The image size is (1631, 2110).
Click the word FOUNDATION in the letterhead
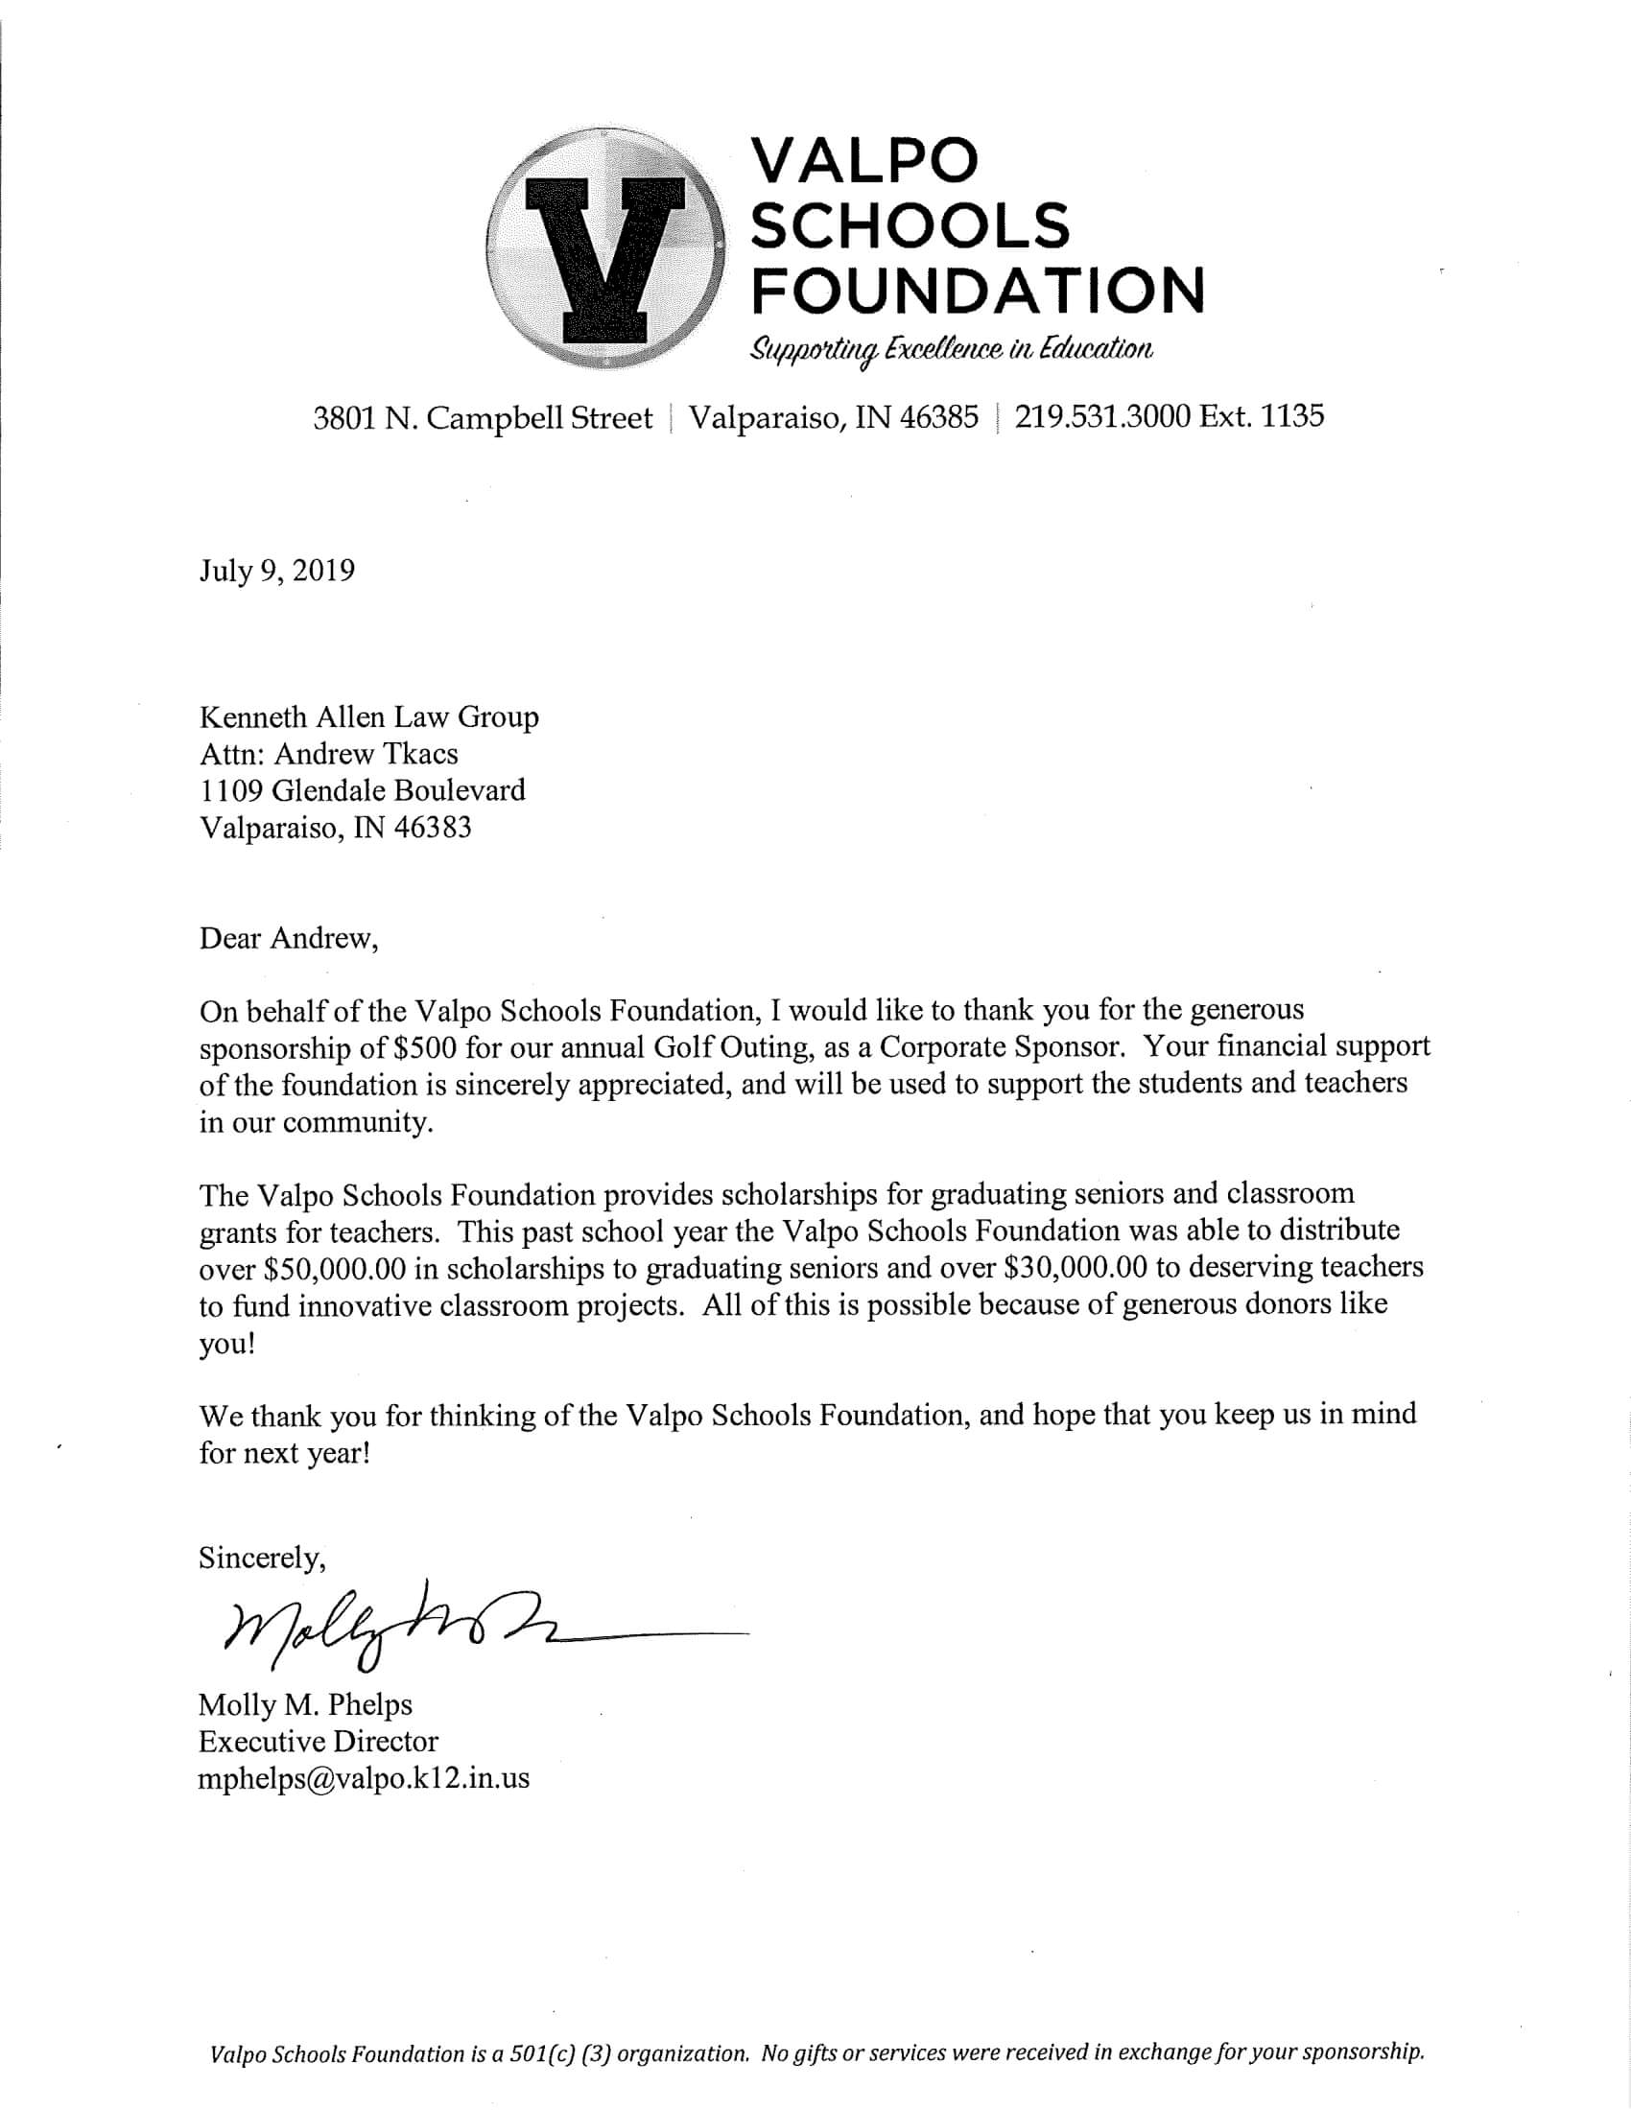coord(978,290)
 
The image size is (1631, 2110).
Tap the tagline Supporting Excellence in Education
coord(952,350)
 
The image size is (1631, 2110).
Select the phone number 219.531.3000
coord(1102,416)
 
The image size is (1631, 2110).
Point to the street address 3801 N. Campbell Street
coord(484,418)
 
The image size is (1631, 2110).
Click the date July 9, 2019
coord(277,570)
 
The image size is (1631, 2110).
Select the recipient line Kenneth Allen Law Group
coord(369,716)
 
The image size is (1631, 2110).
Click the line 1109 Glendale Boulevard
coord(363,790)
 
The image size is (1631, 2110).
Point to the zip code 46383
coord(433,828)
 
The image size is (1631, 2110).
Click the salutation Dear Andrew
coord(288,938)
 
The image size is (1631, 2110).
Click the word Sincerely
coord(262,1558)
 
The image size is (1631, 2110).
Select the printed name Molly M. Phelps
coord(305,1704)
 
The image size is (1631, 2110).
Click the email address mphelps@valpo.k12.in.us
coord(365,1778)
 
